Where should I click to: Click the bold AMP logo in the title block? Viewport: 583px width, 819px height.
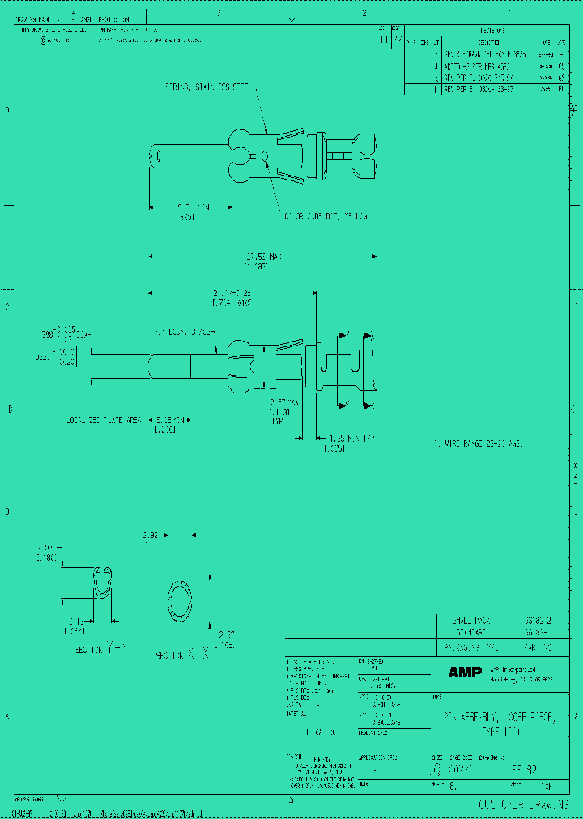(x=465, y=673)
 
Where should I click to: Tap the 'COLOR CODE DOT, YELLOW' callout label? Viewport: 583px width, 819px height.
(x=325, y=216)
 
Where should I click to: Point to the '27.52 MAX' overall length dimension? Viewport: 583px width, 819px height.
(x=262, y=257)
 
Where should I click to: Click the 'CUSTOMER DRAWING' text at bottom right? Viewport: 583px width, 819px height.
(x=518, y=804)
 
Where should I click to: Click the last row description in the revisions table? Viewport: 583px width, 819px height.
(x=479, y=89)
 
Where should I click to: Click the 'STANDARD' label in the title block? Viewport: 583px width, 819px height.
(x=470, y=631)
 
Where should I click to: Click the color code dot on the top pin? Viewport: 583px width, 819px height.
(x=266, y=155)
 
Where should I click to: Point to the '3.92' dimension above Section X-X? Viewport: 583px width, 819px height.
(x=150, y=535)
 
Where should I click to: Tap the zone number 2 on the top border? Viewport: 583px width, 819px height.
(x=364, y=13)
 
